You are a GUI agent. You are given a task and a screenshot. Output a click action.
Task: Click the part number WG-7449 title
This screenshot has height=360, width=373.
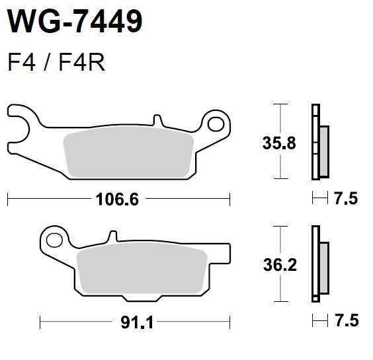tap(75, 21)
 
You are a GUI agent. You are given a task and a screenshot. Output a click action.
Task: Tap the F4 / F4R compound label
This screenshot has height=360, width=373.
tap(56, 63)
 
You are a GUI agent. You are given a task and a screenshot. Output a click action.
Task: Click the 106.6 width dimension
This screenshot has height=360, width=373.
tap(117, 199)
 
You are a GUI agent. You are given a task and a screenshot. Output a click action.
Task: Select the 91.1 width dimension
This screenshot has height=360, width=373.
tap(137, 322)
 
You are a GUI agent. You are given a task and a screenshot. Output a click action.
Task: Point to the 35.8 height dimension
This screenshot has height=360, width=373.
tap(279, 143)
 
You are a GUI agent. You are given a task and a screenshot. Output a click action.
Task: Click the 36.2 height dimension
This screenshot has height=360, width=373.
tap(280, 265)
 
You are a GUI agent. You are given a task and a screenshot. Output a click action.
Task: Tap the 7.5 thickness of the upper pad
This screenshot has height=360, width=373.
tap(346, 199)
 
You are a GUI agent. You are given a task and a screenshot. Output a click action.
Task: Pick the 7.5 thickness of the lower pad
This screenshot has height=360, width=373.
tap(347, 320)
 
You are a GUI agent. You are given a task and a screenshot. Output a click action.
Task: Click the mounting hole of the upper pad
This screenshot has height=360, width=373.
tap(216, 124)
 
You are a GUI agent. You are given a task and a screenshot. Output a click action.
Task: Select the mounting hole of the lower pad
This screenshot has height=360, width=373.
tap(54, 240)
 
